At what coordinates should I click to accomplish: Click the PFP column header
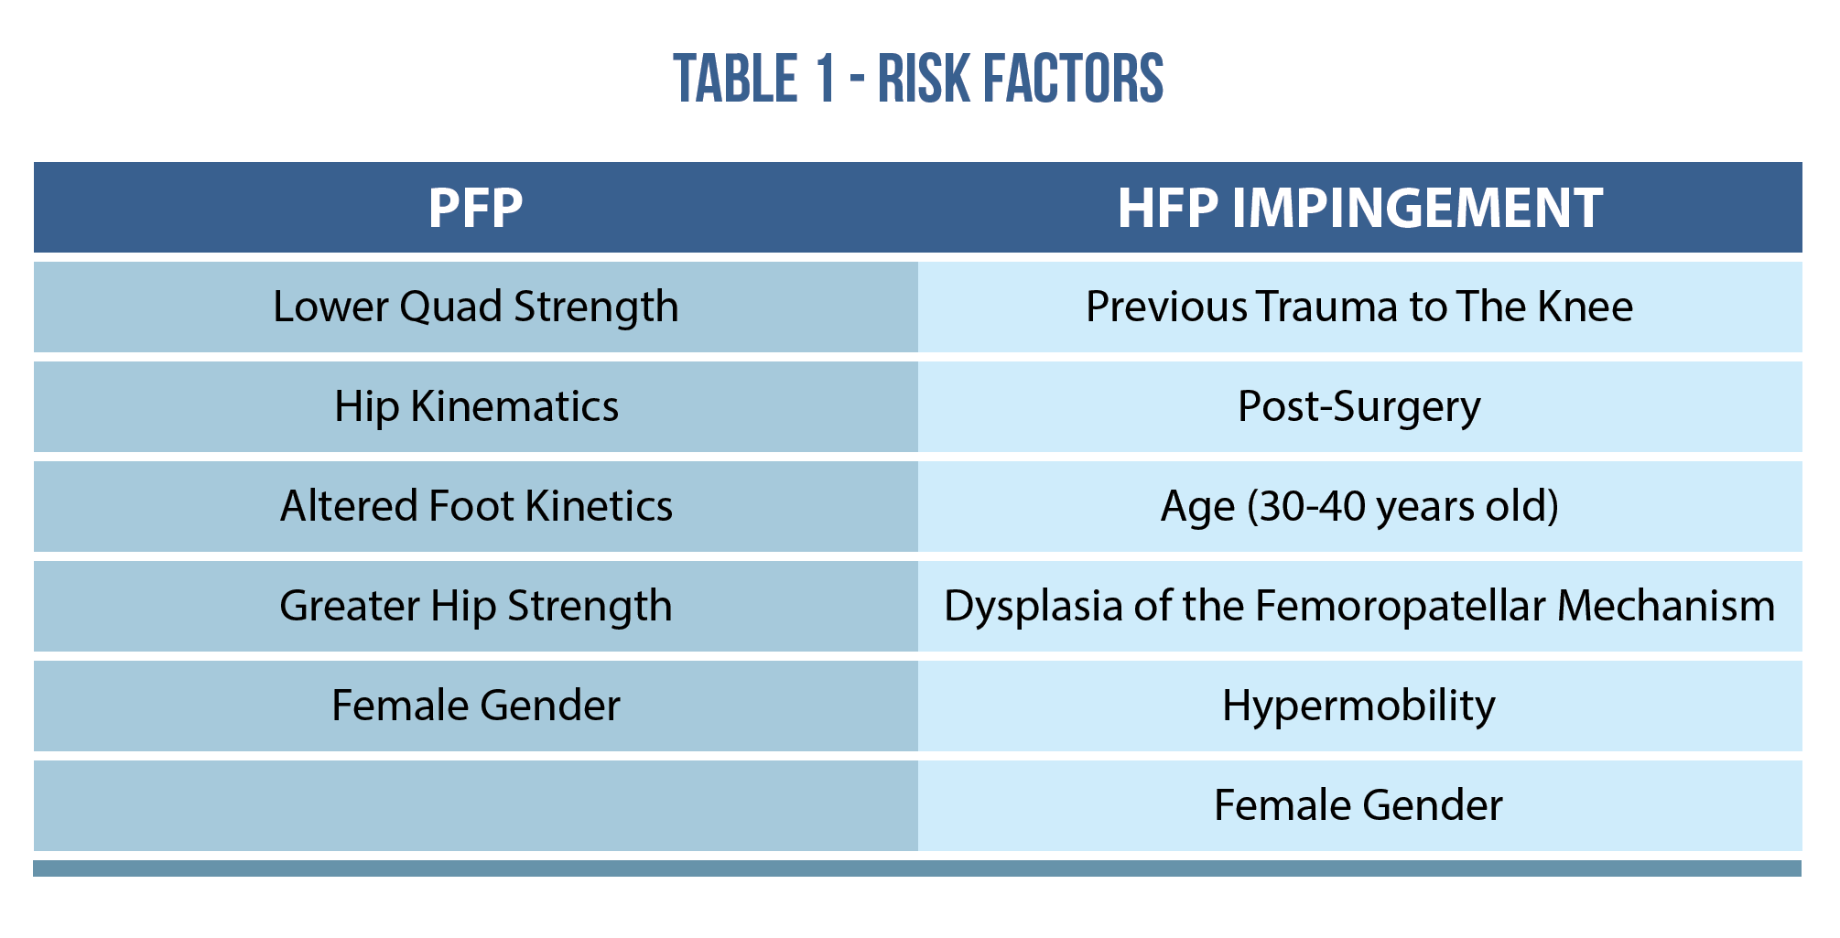point(475,208)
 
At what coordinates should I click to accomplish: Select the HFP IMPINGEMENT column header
point(1359,208)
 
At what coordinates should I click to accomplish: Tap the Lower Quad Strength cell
point(475,307)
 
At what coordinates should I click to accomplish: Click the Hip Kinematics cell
point(476,406)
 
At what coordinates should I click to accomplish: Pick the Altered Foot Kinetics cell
point(476,506)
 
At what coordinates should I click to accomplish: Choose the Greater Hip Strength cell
point(475,606)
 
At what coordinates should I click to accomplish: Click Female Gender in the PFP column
point(475,706)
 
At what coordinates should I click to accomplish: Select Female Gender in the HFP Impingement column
point(1358,805)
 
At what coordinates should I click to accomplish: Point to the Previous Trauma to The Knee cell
point(1359,307)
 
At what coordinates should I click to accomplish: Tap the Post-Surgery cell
point(1359,406)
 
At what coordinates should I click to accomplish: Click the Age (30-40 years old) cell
point(1359,506)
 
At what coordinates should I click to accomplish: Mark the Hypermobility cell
point(1358,706)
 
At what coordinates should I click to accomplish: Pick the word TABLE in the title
point(736,79)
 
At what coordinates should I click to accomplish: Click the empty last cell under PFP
point(476,805)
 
